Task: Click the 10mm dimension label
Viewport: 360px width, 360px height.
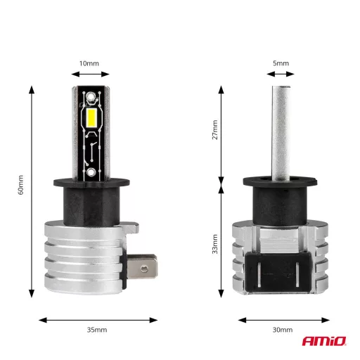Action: coord(89,63)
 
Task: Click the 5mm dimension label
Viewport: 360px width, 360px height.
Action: coord(281,63)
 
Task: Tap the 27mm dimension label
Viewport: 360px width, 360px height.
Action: coord(214,130)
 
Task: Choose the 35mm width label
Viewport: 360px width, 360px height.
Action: coord(96,330)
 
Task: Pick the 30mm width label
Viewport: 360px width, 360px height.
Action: coord(281,330)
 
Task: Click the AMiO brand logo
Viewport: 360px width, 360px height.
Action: coord(326,342)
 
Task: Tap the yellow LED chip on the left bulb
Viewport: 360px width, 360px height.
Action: coord(91,117)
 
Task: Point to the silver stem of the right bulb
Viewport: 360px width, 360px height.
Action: coord(281,134)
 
